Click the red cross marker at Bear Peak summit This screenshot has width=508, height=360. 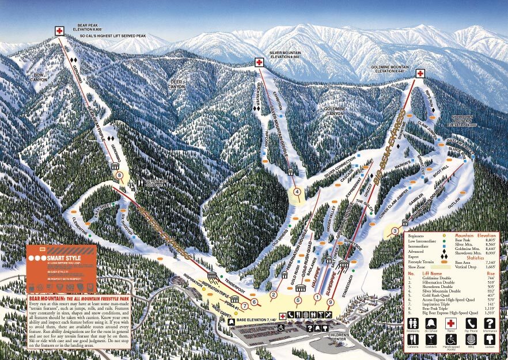coord(59,31)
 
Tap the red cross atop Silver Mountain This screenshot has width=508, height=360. coord(259,62)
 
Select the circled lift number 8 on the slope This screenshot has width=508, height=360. coord(119,176)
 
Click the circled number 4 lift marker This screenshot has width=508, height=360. coord(297,192)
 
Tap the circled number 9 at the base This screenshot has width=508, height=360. coord(330,302)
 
